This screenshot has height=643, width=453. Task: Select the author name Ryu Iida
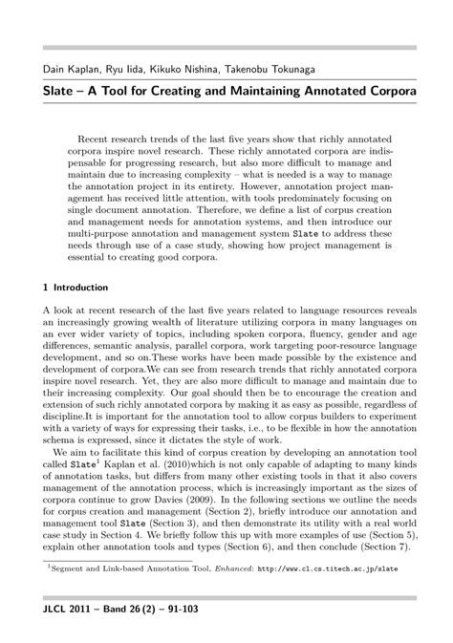(x=121, y=69)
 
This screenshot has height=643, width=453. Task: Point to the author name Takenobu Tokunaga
(x=276, y=69)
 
